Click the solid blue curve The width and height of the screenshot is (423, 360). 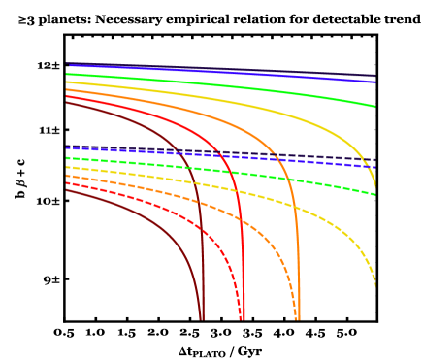[223, 74]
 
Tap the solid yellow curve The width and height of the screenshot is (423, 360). [223, 102]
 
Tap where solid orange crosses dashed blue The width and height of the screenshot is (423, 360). [277, 158]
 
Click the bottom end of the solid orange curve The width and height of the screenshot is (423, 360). [298, 318]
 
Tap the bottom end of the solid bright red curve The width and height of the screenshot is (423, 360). [243, 318]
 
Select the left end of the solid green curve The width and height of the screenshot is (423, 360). [67, 74]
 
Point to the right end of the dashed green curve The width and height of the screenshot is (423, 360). [375, 194]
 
